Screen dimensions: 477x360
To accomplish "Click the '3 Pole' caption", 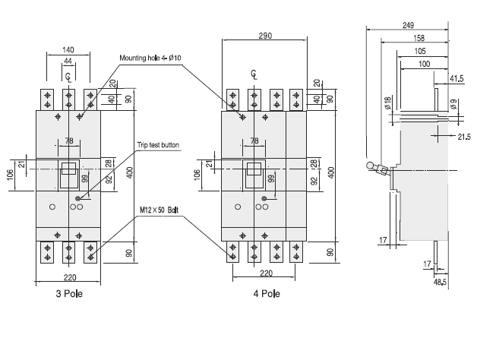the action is [x=69, y=294].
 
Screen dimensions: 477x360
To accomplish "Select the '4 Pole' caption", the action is [x=267, y=294].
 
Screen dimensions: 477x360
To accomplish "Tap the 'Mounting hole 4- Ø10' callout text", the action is [x=150, y=58].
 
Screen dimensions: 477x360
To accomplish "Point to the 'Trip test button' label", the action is [x=158, y=145].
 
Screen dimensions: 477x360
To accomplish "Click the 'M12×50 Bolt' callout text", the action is [x=159, y=210].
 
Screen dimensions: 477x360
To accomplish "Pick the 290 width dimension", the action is [x=265, y=36].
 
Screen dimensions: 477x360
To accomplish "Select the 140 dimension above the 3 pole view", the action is [x=68, y=49].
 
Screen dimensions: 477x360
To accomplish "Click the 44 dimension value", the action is [x=68, y=62].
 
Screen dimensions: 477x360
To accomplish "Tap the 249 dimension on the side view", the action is [x=408, y=25].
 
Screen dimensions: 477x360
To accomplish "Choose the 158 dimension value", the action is [x=419, y=38].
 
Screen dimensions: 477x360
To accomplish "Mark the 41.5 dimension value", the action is [x=456, y=79].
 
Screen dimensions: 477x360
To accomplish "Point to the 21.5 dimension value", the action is [x=464, y=137].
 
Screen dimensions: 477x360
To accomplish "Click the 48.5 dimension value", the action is [x=440, y=283].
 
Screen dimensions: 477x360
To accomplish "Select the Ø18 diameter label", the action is [x=387, y=103].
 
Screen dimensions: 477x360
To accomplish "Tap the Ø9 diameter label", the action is [x=453, y=104].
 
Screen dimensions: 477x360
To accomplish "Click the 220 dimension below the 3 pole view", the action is [x=70, y=277].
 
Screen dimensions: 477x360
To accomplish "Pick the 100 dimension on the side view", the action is [x=425, y=64].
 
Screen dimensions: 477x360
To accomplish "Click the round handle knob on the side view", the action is [x=370, y=166].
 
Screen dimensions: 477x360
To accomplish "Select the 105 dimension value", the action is [x=420, y=51].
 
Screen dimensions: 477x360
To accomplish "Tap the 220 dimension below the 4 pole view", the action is [x=266, y=273].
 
